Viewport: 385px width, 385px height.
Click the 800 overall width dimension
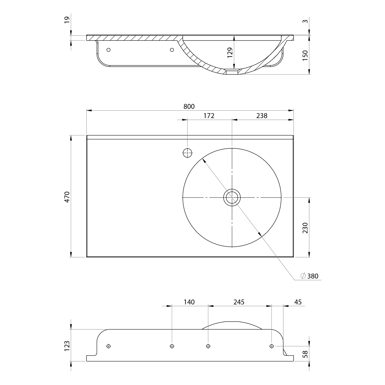coord(189,107)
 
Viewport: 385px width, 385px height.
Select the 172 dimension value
coord(209,116)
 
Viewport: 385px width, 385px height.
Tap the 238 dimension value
coord(262,116)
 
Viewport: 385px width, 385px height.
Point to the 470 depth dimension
coord(67,197)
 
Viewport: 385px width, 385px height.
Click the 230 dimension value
coord(305,228)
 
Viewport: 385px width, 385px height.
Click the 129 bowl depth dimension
coord(230,52)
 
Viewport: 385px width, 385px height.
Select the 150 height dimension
coord(305,55)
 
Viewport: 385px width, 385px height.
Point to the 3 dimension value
coord(305,21)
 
